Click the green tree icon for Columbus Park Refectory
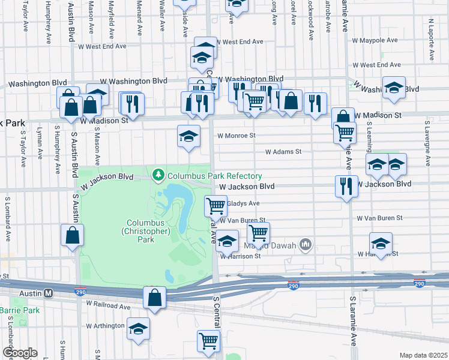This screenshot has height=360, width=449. point(159,175)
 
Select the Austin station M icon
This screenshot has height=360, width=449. point(49,293)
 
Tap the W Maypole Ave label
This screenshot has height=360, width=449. point(375,40)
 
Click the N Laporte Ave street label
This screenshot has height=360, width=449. point(431,40)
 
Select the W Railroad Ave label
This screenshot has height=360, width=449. point(108,306)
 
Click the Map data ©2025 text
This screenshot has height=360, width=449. point(423,355)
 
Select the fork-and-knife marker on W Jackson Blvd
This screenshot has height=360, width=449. point(347,187)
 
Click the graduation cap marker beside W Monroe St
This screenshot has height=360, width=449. point(188,136)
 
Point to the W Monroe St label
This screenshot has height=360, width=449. point(237,136)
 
